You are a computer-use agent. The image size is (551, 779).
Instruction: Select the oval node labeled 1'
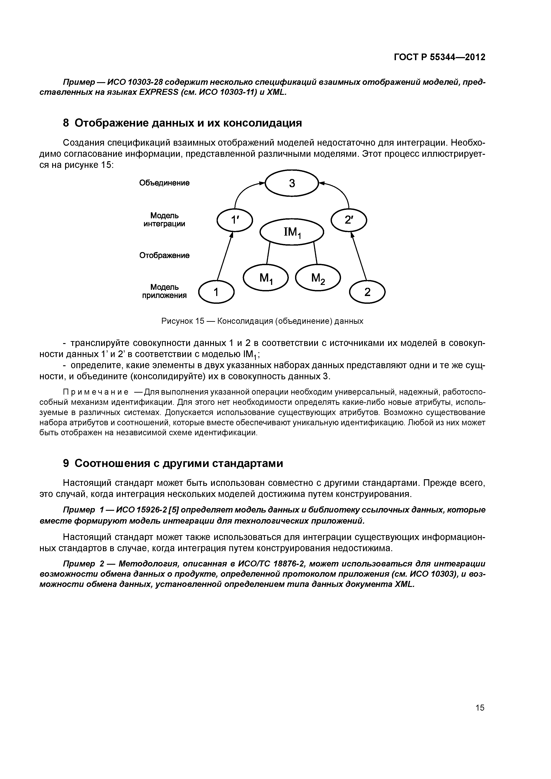235,220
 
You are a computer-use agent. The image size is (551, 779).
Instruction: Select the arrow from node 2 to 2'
359,256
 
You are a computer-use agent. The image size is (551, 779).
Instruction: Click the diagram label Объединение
164,183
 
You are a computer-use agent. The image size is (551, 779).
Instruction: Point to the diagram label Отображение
164,255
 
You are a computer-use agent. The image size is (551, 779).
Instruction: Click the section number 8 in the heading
66,123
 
